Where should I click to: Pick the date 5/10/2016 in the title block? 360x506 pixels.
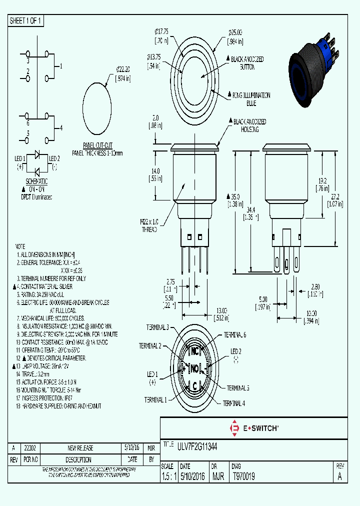pos(193,477)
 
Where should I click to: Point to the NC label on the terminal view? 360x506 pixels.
pos(195,350)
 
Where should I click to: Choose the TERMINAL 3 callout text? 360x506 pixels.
pos(157,327)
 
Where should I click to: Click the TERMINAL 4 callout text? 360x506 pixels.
pos(234,403)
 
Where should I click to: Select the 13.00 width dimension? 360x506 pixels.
pos(221,313)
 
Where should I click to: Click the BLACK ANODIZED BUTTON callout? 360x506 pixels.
pos(247,62)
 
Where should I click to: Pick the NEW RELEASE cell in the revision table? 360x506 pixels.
pos(80,448)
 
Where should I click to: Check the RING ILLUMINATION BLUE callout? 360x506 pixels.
pos(250,98)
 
